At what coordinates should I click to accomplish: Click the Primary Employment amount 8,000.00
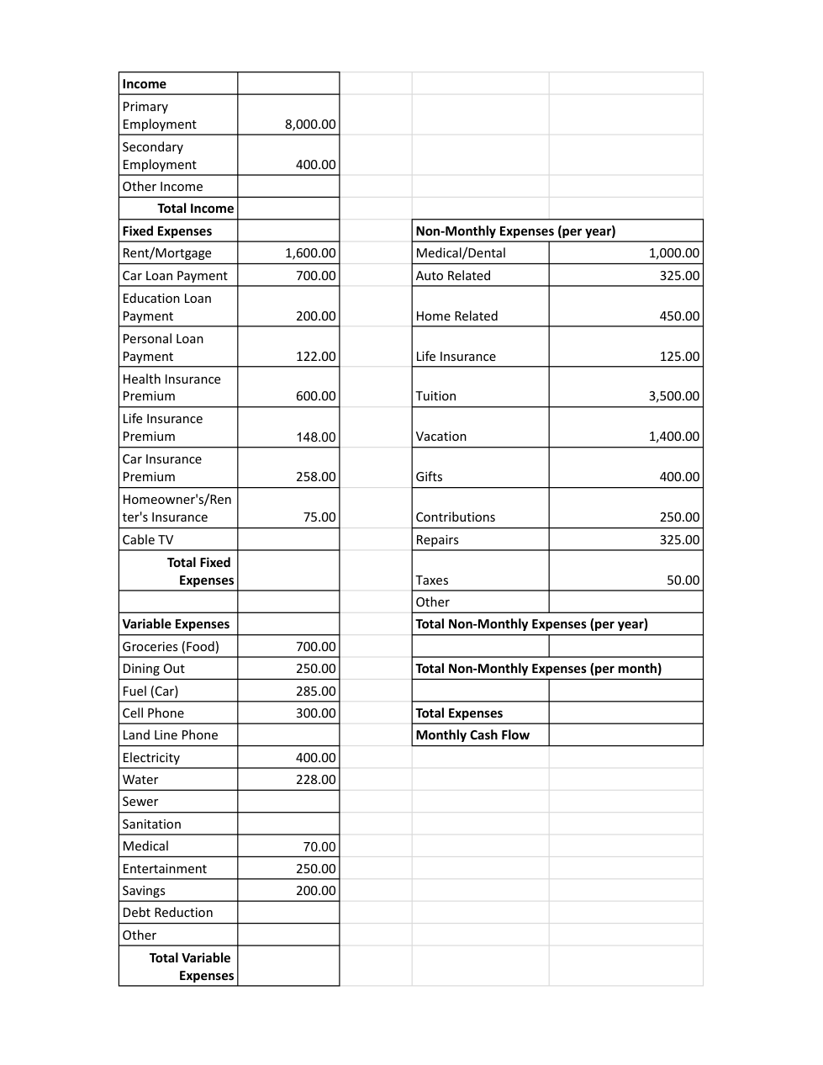(310, 125)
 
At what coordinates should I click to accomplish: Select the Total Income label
(195, 209)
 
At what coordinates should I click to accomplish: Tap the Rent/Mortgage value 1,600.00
(310, 253)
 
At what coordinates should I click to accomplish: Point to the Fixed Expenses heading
(166, 231)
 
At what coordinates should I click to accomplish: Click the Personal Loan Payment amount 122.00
(315, 357)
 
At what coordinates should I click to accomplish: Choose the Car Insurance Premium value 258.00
(315, 477)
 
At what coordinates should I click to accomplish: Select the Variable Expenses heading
(176, 624)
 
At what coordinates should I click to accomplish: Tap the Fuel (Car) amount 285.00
(315, 691)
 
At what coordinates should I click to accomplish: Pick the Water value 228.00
(315, 780)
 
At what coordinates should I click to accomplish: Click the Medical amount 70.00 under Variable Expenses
(319, 847)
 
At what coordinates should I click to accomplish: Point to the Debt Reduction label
(167, 913)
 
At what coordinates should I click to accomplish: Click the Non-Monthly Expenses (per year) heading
(515, 231)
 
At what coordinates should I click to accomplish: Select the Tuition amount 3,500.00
(673, 396)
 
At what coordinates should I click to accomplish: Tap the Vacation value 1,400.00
(673, 437)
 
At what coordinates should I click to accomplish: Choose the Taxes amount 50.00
(683, 580)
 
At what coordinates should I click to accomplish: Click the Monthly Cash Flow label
(472, 735)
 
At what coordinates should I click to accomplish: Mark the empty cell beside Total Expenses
(625, 713)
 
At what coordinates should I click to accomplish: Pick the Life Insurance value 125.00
(679, 357)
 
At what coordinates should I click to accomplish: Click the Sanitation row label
(151, 824)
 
